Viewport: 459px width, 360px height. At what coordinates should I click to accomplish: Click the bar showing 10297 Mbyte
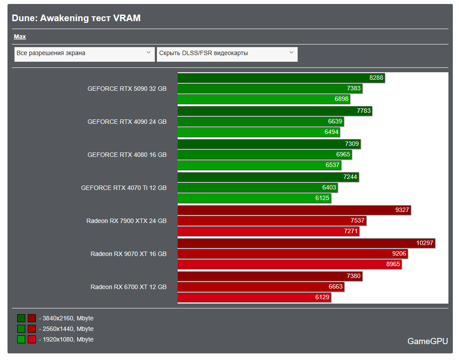coord(306,243)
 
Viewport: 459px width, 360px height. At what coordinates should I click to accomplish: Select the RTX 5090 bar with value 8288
coord(281,78)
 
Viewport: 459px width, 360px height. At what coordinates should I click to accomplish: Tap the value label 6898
coord(341,99)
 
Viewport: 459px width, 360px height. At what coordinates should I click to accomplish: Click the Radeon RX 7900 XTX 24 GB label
coord(126,221)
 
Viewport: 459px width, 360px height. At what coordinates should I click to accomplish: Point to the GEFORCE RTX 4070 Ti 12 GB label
coord(123,188)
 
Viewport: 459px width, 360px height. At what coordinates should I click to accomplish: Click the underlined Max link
coord(20,37)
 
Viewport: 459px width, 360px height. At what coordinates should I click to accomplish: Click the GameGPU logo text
coord(427,341)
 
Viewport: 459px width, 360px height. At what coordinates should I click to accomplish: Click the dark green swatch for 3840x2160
coord(21,318)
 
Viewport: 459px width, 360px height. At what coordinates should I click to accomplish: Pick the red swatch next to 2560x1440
coord(32,329)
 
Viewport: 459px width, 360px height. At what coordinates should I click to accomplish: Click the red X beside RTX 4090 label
coord(170,122)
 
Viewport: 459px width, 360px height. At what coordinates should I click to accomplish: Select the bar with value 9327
coord(294,210)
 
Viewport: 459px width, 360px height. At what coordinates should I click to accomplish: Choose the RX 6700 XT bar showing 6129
coord(254,297)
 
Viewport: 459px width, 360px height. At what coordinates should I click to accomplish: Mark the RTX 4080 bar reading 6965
coord(265,154)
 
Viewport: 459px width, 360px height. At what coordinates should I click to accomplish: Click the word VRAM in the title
coord(127,18)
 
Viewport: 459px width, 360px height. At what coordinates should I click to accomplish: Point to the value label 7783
coord(364,111)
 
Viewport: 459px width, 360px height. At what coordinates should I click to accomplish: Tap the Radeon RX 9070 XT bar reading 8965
coord(290,264)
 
